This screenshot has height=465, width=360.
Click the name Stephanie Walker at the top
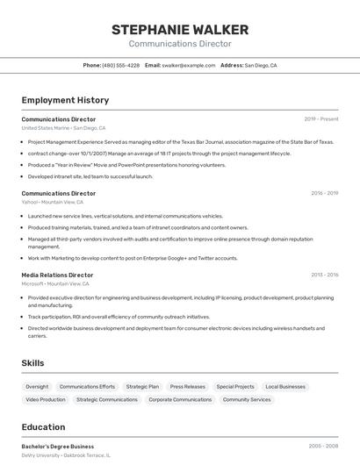[x=180, y=30]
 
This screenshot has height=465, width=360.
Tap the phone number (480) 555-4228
[x=120, y=65]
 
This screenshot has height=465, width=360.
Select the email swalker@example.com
[x=188, y=65]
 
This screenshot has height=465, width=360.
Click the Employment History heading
[x=65, y=100]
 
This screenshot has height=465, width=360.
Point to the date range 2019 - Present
[x=321, y=118]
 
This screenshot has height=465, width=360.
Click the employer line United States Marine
[x=63, y=127]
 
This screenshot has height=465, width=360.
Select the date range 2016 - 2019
[x=324, y=193]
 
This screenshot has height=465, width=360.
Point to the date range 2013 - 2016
[x=324, y=275]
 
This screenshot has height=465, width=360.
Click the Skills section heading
[x=33, y=362]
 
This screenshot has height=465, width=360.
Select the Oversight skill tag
[x=37, y=386]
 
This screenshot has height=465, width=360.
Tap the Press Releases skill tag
[x=187, y=386]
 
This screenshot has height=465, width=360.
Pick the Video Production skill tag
[x=46, y=399]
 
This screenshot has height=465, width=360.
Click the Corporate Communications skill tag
[x=180, y=399]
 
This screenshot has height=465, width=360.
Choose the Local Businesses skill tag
[x=285, y=386]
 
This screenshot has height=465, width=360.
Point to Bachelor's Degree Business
[x=58, y=447]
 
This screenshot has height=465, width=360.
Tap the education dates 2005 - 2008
[x=323, y=447]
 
